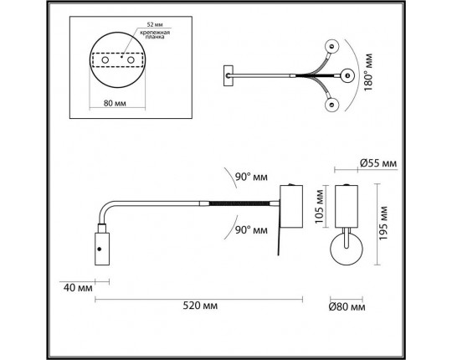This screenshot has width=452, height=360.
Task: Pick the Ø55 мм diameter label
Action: (374, 163)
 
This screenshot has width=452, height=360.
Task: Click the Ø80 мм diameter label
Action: (347, 307)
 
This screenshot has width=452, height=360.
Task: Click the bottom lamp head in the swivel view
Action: (332, 105)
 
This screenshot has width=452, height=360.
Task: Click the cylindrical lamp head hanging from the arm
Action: (100, 249)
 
